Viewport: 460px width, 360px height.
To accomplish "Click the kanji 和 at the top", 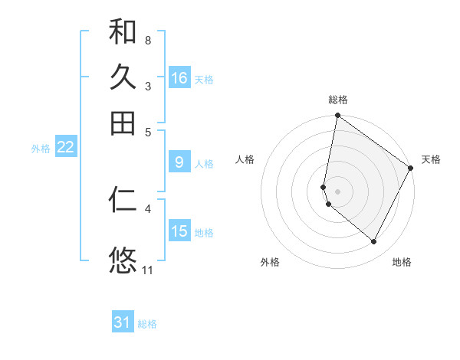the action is coord(123,31).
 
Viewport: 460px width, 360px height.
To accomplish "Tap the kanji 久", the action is coord(123,77).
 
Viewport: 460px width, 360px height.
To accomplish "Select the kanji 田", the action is coord(123,123).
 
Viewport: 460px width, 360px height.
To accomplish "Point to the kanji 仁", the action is coord(123,200).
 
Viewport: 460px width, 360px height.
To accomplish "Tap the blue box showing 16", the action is coord(179,78).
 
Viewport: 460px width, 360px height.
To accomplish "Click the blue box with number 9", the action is coord(179,162).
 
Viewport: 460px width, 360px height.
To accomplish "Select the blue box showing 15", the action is coord(179,231).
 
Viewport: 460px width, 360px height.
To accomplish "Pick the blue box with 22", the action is coord(65,148).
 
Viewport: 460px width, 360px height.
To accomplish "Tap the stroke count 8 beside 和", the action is coord(147,39).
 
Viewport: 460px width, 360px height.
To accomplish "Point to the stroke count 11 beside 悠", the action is coord(147,270).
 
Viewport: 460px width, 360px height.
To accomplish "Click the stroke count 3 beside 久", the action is coord(147,86).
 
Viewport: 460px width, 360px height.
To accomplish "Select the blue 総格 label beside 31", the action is coord(147,324).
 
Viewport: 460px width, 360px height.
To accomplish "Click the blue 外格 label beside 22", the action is coord(41,149).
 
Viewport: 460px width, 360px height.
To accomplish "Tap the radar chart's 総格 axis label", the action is coord(338,100).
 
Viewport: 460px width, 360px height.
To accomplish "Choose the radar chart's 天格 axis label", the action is coord(431,159).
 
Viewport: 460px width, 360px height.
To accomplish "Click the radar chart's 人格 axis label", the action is coord(245,159).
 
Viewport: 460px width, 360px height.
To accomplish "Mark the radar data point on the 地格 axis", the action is coord(374,242).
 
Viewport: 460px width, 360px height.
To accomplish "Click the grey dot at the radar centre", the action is coord(338,191).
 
